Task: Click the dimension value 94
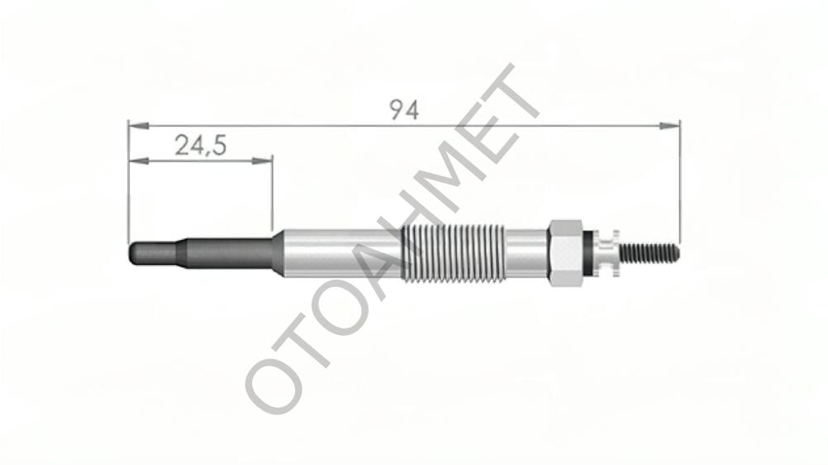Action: pos(404,110)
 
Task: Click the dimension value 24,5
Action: pos(201,145)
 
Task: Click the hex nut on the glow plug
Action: pos(565,253)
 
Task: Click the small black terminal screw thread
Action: pos(649,253)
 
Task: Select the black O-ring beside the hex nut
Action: pos(588,253)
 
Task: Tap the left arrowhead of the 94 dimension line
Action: pos(138,126)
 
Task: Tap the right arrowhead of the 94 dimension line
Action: pos(669,126)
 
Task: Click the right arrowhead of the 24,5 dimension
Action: pos(263,161)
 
